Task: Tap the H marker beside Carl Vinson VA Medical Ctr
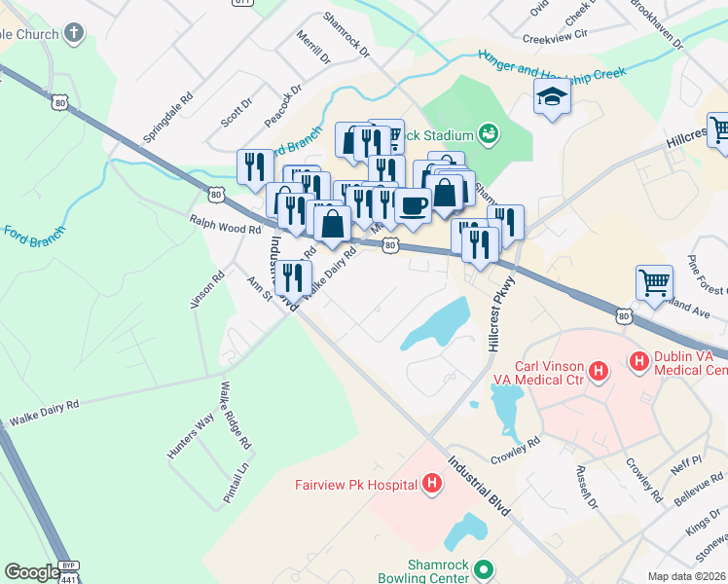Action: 600,371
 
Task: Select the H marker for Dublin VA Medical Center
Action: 639,362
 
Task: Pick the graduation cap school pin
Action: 552,97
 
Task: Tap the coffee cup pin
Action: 413,205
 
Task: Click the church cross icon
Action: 74,32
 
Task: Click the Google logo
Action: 32,572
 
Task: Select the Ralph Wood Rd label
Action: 225,225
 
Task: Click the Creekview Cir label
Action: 556,35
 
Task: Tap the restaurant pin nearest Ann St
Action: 293,277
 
